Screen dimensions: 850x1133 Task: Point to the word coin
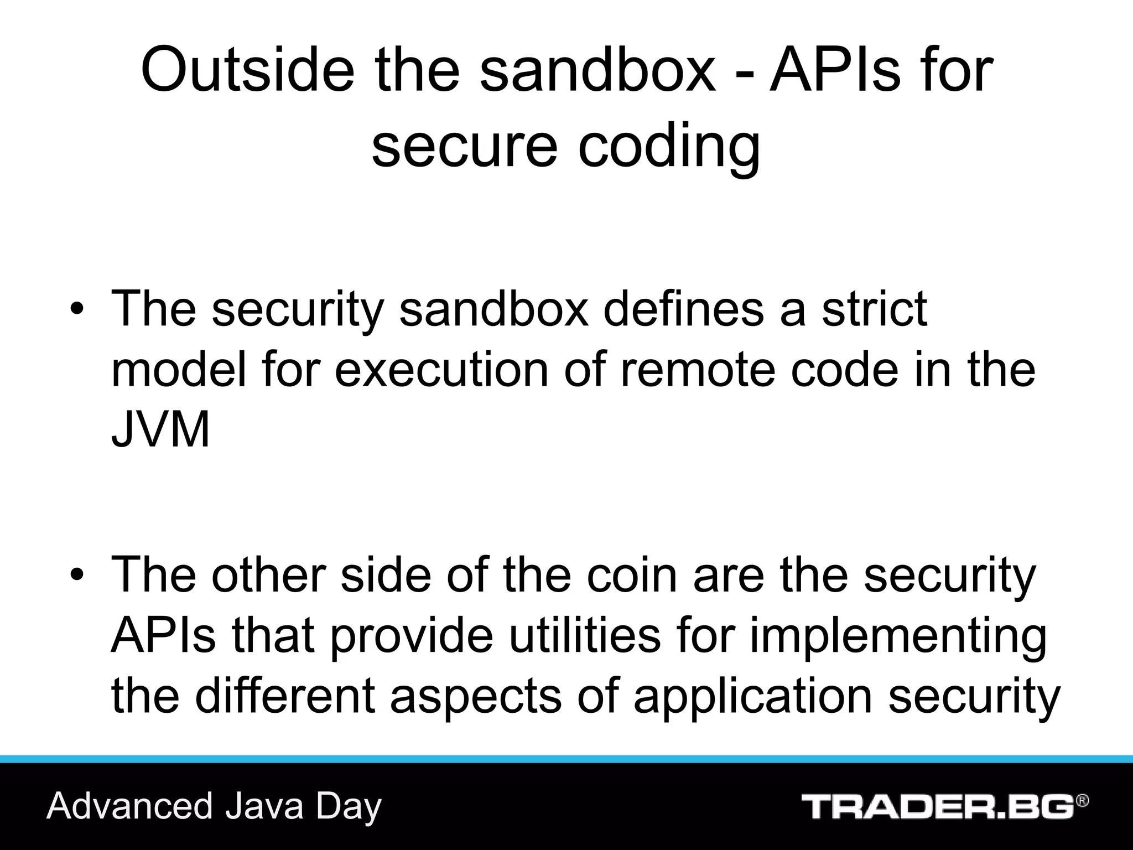click(631, 576)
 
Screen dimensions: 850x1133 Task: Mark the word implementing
click(898, 636)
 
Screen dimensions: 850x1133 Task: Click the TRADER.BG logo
click(937, 806)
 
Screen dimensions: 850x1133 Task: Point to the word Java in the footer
click(264, 806)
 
